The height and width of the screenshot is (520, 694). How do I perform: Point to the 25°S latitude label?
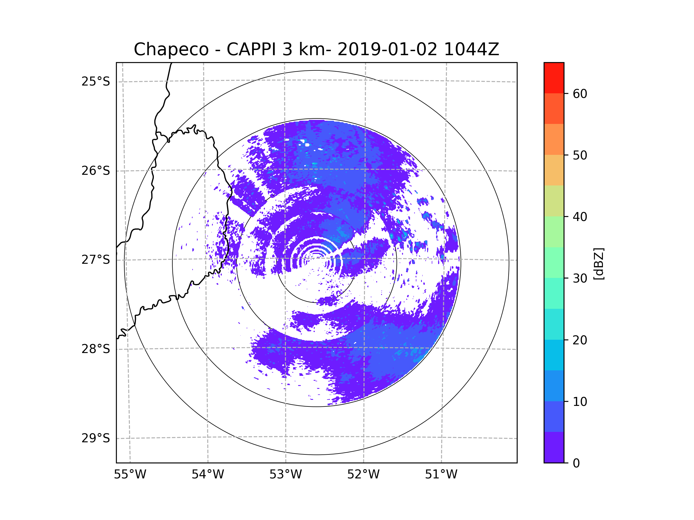[x=96, y=81]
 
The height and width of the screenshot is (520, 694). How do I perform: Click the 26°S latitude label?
[x=96, y=171]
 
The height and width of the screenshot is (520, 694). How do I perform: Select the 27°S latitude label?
[x=96, y=260]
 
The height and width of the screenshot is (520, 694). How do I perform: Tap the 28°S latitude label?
[x=96, y=349]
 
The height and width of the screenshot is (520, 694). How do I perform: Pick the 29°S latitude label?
[x=96, y=438]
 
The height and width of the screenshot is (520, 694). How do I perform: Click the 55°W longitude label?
[x=130, y=475]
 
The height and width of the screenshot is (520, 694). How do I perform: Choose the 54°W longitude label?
[x=208, y=475]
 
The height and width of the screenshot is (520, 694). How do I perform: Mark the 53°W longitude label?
[x=285, y=475]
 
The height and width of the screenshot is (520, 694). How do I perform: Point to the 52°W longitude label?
[x=363, y=475]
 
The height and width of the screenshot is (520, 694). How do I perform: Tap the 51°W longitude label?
[x=441, y=475]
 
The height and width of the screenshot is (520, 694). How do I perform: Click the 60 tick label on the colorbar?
[x=580, y=94]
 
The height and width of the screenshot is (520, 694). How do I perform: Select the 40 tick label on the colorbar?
[x=580, y=217]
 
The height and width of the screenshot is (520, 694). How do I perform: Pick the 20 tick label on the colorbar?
[x=580, y=340]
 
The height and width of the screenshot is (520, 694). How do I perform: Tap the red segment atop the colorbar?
[x=554, y=78]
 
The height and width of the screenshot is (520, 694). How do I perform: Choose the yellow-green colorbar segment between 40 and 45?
[x=554, y=201]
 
